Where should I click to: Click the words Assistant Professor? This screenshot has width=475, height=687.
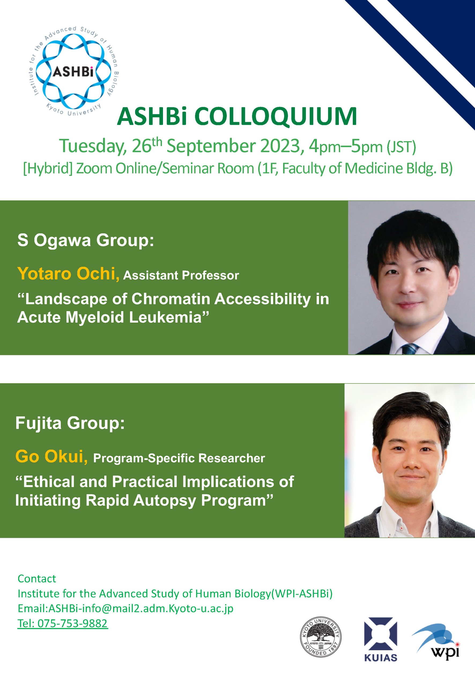tap(181, 276)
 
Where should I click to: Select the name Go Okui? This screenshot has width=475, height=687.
tap(51, 456)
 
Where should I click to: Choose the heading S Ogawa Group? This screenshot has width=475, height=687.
tap(86, 240)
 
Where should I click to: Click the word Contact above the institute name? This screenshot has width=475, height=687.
tap(37, 579)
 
